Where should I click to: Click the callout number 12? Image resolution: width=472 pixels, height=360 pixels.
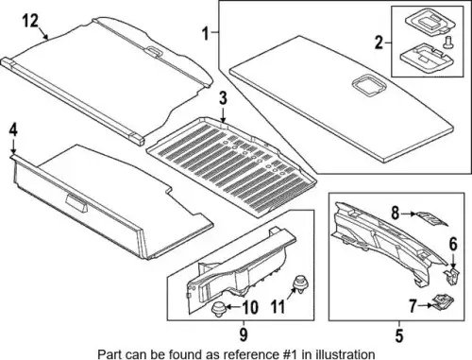pos(30,21)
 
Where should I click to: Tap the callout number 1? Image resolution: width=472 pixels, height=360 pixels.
pos(206,34)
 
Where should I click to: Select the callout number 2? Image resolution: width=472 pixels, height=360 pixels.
pos(379,43)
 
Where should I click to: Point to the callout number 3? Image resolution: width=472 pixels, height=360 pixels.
pos(223,98)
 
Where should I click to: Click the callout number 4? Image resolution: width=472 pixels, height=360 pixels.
pos(13,130)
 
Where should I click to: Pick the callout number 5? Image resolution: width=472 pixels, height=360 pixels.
pos(399,335)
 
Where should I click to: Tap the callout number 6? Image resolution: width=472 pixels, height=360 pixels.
pos(452,244)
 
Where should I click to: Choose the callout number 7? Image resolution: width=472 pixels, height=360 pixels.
pos(413,306)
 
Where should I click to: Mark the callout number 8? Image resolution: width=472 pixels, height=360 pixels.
pos(396,214)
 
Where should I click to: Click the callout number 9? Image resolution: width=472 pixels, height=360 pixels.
pos(244,334)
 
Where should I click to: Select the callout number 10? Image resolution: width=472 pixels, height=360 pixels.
pos(250,307)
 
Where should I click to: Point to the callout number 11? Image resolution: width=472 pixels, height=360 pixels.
pos(278,307)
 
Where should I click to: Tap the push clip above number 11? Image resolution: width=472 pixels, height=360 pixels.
pos(299,283)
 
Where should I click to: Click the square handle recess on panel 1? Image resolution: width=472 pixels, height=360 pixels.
pos(366,85)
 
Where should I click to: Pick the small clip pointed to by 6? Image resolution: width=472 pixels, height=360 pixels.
pos(452,276)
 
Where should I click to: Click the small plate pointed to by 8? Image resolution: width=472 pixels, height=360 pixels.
pos(432,218)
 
